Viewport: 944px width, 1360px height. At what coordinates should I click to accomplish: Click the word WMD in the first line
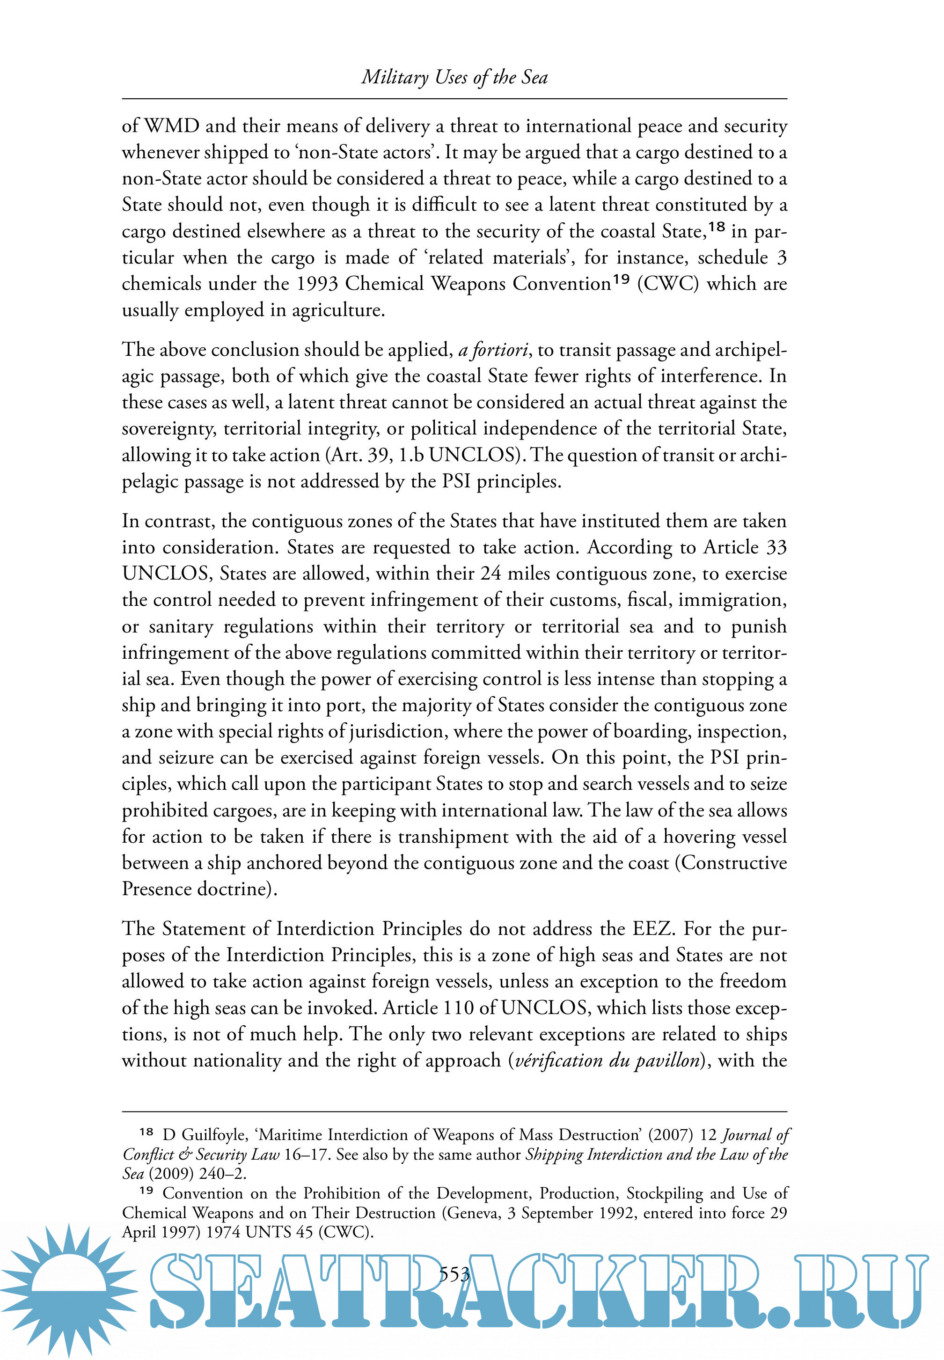point(171,126)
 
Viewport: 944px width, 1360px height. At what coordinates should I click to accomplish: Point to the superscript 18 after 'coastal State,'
point(716,227)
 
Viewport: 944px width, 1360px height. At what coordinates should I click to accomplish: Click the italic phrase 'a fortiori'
point(493,350)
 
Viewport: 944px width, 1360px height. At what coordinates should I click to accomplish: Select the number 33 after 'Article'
point(776,547)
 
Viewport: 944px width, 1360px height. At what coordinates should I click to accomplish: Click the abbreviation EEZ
point(652,929)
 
